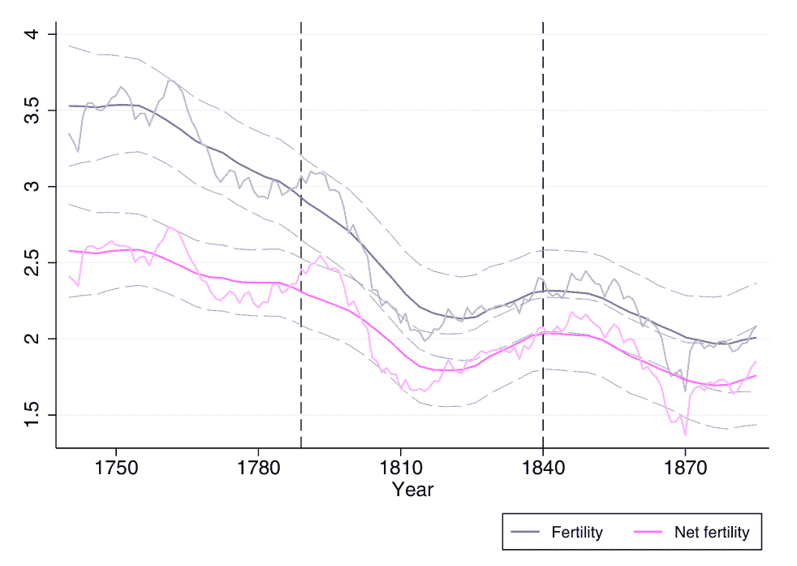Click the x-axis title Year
tap(412, 490)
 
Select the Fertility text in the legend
tap(577, 533)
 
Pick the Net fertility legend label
tap(712, 533)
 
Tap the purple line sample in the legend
tap(526, 533)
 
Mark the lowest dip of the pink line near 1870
tap(685, 435)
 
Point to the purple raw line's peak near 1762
tap(170, 80)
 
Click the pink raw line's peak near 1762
tap(170, 227)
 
